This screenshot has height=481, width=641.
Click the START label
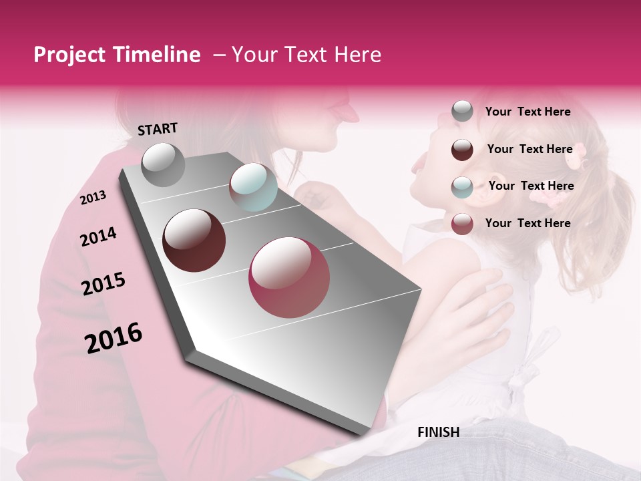(158, 129)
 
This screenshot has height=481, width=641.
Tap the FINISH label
(438, 432)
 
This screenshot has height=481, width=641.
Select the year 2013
(93, 197)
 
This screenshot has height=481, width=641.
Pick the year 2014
(98, 237)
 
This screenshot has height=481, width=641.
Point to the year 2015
(103, 284)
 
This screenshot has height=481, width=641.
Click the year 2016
(114, 338)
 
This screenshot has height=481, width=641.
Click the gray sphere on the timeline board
(164, 165)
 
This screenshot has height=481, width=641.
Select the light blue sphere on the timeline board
(253, 187)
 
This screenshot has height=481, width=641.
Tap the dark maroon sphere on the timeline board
(194, 240)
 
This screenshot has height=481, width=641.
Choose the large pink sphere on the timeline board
(289, 277)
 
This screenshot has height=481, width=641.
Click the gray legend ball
(462, 112)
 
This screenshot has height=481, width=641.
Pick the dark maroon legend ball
(462, 150)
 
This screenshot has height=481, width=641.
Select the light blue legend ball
(462, 186)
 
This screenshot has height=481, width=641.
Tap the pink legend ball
(462, 224)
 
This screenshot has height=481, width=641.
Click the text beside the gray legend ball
(527, 112)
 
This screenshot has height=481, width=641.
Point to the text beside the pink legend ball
(527, 223)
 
